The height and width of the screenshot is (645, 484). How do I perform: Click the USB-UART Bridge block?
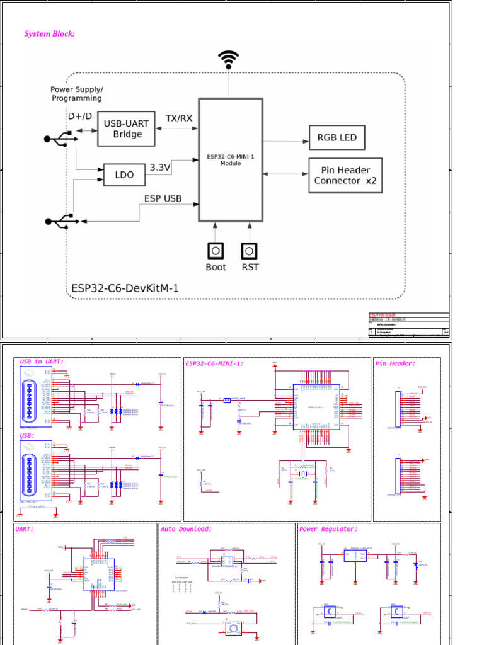[127, 128]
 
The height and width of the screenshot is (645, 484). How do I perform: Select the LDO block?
[125, 174]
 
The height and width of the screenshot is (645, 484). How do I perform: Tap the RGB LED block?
[337, 137]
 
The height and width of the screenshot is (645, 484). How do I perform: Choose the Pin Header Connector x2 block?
[345, 175]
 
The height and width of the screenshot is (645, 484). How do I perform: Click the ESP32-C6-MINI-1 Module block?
[231, 159]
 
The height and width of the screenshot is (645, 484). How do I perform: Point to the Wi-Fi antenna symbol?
[228, 60]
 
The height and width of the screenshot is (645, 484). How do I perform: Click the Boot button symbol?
[216, 251]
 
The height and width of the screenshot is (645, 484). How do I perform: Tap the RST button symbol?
[250, 251]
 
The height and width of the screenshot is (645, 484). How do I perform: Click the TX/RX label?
[179, 118]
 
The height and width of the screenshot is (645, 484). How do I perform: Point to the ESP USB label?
[163, 198]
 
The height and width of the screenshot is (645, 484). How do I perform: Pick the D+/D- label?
[81, 117]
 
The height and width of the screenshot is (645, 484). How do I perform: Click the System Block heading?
[50, 33]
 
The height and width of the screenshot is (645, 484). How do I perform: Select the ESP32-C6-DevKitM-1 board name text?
[125, 288]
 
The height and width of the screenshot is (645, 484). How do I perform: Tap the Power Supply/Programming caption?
[76, 94]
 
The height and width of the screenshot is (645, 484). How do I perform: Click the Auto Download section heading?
[187, 529]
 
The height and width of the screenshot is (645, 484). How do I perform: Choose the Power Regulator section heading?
[328, 529]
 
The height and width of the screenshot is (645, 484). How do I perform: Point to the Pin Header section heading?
[395, 363]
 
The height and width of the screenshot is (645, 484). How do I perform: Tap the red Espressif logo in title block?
[381, 315]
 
